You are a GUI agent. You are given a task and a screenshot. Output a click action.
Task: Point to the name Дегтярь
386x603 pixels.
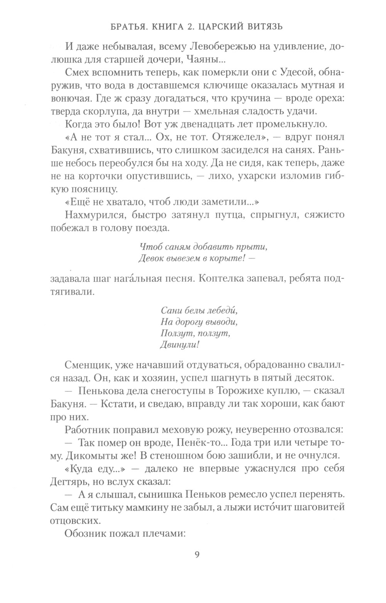pos(70,482)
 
